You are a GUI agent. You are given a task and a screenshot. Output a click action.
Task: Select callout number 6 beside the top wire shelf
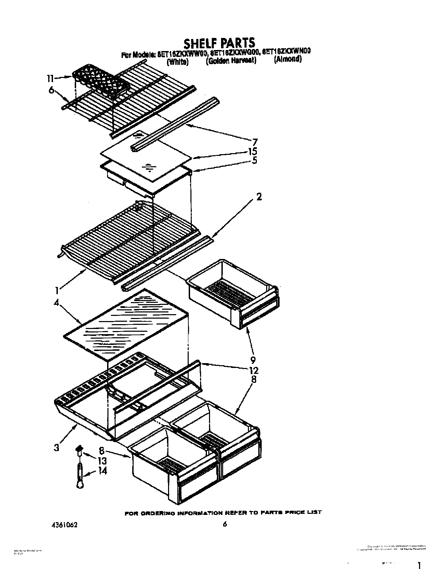click(51, 90)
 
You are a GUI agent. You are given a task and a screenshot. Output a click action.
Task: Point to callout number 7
click(254, 142)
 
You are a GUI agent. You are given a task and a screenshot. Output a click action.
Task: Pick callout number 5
click(254, 160)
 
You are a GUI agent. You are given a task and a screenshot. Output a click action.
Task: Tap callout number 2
click(259, 197)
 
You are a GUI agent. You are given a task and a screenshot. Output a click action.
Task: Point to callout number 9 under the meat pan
click(253, 360)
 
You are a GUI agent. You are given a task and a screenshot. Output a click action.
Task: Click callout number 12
click(254, 370)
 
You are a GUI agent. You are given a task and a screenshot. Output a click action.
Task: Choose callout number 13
click(102, 461)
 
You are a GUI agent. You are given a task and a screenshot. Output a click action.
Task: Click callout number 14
click(102, 470)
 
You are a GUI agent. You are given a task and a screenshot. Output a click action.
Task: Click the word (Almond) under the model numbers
click(288, 59)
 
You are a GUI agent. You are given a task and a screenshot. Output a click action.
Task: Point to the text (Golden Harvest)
click(231, 61)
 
